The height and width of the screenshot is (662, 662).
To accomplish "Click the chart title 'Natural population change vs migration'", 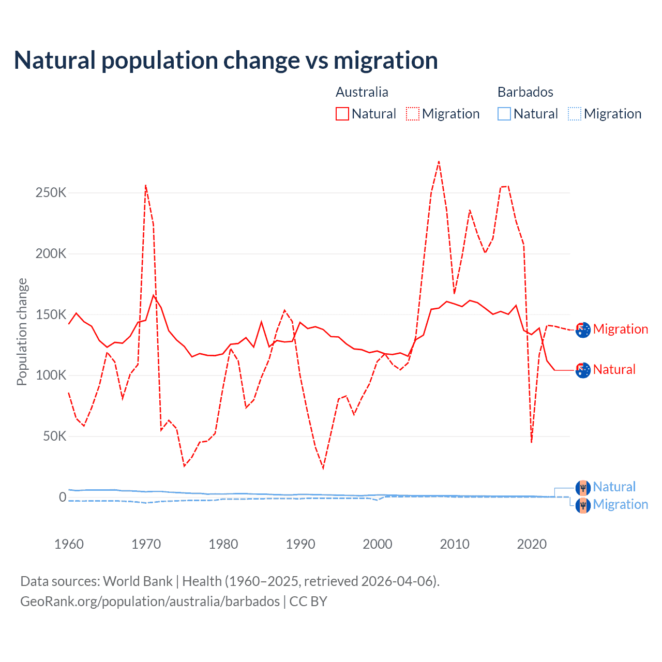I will click(226, 61).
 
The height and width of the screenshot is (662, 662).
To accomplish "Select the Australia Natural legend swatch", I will click(342, 114).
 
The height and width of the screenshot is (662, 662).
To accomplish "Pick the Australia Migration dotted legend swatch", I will click(413, 114).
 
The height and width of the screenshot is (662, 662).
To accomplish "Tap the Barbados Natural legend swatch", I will click(504, 114).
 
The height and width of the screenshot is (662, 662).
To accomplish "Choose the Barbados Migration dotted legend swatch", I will click(575, 114).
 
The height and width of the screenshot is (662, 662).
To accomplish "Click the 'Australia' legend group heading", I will click(362, 92).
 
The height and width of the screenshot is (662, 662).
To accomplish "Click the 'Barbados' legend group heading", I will click(525, 92).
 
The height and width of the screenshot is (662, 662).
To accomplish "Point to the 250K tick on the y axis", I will click(51, 193).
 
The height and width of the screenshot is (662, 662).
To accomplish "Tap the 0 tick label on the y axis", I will click(63, 497).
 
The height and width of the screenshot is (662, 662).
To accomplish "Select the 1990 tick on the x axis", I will click(300, 544).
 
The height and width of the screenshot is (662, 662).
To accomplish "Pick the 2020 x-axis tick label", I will click(532, 544).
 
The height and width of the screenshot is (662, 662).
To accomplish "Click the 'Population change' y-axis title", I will click(22, 332).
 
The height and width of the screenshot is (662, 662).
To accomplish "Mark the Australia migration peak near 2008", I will click(439, 161).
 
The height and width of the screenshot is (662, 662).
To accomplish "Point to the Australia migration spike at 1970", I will click(146, 185).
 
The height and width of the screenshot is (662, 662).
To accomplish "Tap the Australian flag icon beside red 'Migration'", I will click(583, 329).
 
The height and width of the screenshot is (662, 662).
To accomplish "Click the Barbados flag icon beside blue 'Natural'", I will click(583, 488).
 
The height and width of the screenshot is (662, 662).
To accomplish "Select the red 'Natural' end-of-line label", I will click(614, 370).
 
